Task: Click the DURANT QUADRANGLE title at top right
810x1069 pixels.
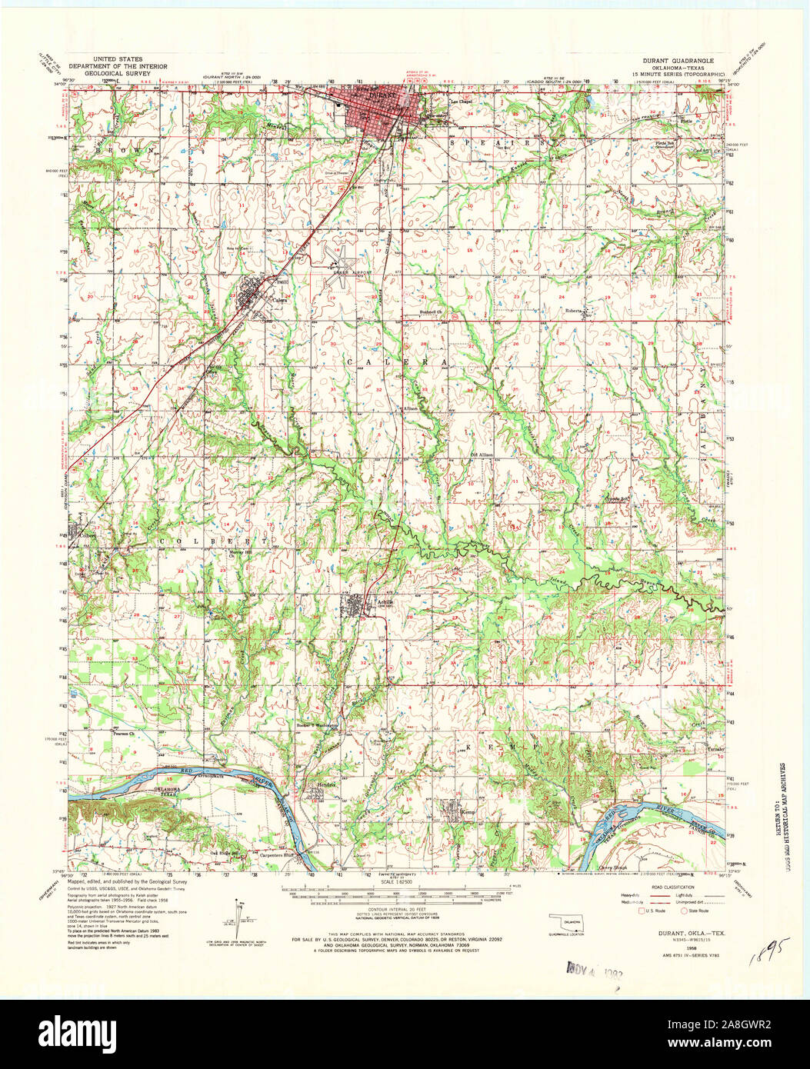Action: pyautogui.click(x=675, y=59)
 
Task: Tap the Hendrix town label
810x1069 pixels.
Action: pyautogui.click(x=328, y=784)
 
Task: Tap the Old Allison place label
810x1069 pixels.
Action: pyautogui.click(x=481, y=455)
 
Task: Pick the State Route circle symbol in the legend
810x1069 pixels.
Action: pyautogui.click(x=685, y=911)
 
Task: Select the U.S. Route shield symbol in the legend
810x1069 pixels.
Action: pyautogui.click(x=640, y=911)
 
